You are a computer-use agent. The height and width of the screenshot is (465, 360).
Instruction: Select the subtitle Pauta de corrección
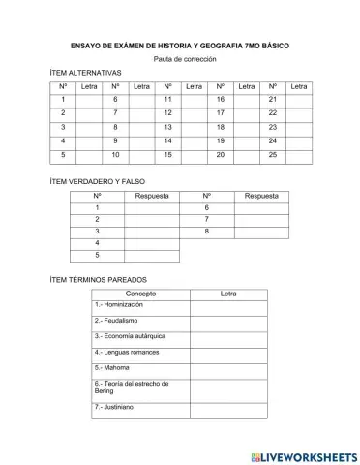point(180,60)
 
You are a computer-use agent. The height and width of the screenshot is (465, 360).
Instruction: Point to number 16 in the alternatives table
point(220,100)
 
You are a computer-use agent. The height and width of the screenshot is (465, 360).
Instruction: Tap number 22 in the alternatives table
point(272,113)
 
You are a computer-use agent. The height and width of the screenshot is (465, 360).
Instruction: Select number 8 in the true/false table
point(206,232)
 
